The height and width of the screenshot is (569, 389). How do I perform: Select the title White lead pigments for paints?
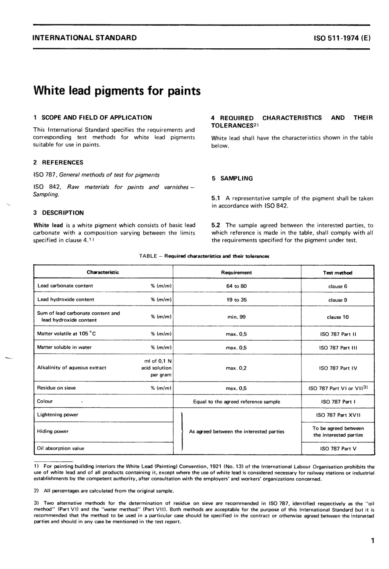(x=117, y=90)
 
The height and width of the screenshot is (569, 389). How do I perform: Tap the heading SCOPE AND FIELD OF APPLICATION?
(x=97, y=117)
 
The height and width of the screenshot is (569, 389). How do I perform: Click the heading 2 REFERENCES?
(x=58, y=163)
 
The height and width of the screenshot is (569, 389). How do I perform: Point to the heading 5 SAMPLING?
(x=232, y=178)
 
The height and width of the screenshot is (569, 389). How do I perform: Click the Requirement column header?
(x=236, y=273)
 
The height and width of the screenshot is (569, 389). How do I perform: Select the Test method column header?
(x=337, y=273)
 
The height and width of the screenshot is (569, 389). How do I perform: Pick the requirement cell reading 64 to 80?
(x=236, y=286)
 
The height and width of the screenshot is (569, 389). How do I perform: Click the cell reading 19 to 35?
(x=236, y=300)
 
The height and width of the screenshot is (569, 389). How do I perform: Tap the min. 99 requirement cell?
(x=236, y=317)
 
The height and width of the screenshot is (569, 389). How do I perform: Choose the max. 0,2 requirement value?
(x=236, y=368)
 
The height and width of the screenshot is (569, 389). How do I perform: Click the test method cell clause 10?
(x=337, y=317)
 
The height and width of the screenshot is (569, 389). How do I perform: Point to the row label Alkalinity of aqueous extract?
(x=72, y=368)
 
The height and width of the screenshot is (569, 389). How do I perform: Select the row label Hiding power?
(x=53, y=431)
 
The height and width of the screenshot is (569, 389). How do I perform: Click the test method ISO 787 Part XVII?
(x=338, y=415)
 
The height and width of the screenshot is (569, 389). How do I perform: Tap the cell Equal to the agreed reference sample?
(x=236, y=402)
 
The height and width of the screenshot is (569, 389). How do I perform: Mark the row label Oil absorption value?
(x=61, y=448)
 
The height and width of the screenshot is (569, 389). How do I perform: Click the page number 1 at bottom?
(x=372, y=541)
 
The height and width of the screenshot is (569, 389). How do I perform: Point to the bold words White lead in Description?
(x=48, y=225)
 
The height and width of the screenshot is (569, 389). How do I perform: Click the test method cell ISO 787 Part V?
(x=338, y=449)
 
